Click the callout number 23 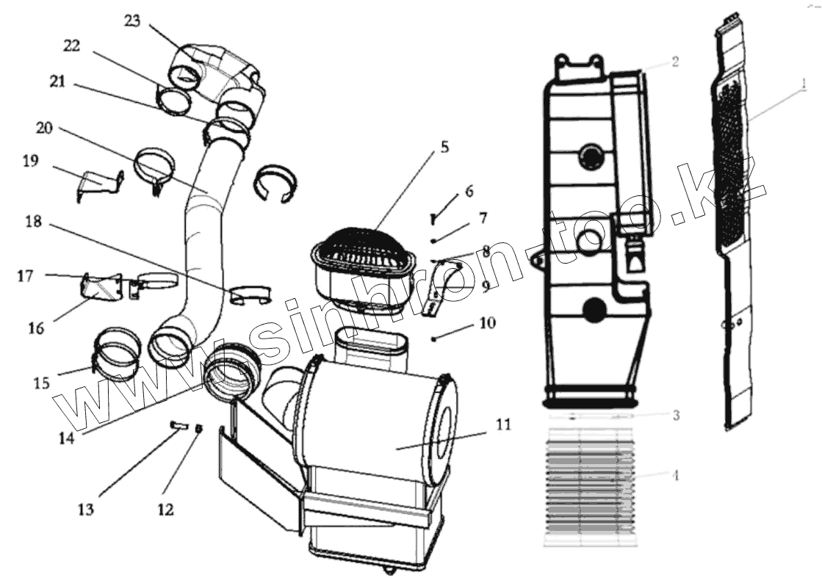[131, 21]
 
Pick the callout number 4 [676, 474]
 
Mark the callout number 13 [87, 509]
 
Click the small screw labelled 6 [434, 217]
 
